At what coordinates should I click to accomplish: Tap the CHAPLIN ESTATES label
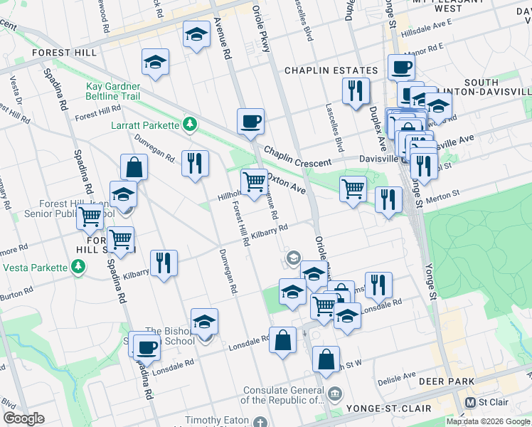[x=331, y=70]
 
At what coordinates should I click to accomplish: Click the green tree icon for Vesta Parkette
[x=78, y=268]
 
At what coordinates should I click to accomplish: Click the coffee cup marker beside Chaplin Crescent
[x=250, y=122]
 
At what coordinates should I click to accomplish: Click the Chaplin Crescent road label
[x=298, y=154]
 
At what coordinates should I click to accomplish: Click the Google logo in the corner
[x=23, y=418]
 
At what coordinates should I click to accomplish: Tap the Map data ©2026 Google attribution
[x=488, y=421]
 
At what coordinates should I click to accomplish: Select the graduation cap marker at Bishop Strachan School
[x=204, y=322]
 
